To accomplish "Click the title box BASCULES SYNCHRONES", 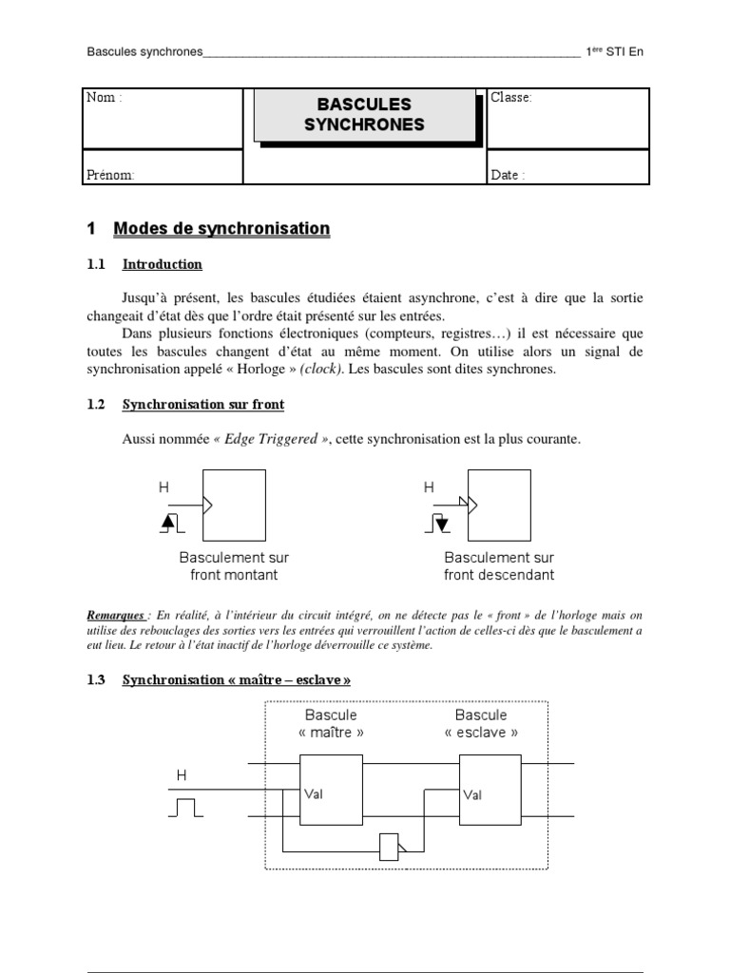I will [364, 114].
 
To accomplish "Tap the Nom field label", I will [105, 98].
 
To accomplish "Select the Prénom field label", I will [110, 175].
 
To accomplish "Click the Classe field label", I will [511, 98].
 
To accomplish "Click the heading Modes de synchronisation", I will [221, 229].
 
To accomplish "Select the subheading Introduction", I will [162, 264].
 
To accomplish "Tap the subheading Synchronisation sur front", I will [202, 405].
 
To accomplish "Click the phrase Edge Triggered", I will [270, 439].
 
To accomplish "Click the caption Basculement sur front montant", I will [234, 566].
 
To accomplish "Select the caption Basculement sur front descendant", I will [499, 566].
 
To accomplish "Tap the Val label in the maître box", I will [314, 794].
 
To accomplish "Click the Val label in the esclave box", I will [472, 794].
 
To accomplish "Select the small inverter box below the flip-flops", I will [390, 847].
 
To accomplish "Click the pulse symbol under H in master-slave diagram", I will [183, 809].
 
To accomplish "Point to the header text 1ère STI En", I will [614, 51].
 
